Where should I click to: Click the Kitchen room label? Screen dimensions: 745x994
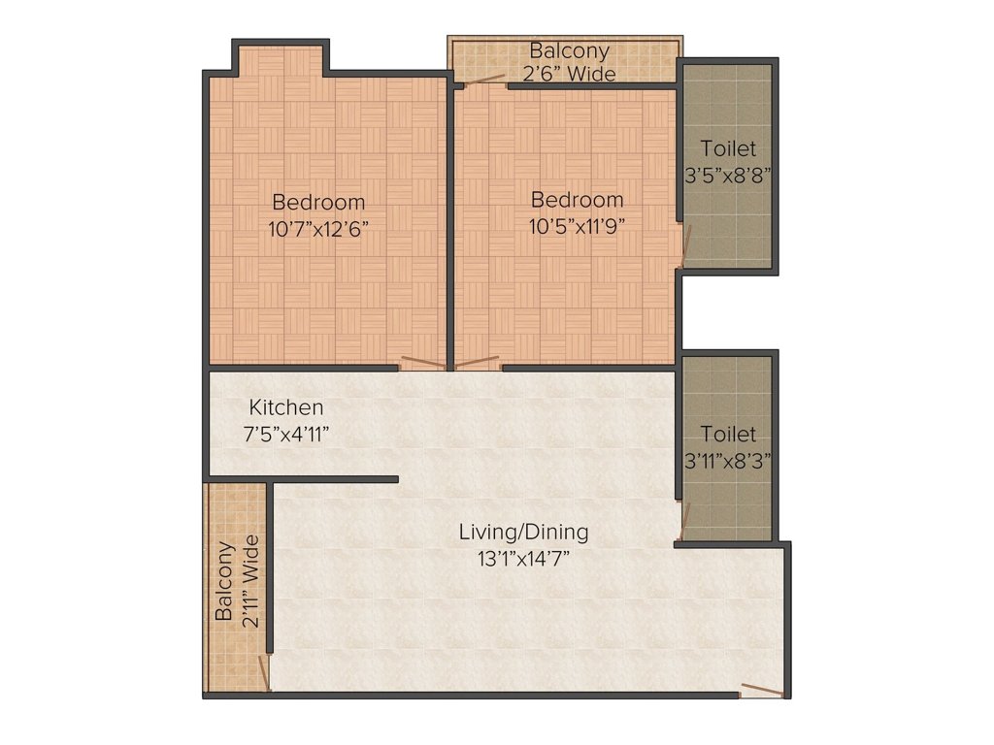tap(286, 407)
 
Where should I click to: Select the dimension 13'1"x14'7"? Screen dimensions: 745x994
tap(523, 558)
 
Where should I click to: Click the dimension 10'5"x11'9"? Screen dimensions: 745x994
tap(577, 226)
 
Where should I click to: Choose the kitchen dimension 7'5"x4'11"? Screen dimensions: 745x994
tap(286, 434)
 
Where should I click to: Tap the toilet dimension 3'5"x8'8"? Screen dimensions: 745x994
tap(727, 176)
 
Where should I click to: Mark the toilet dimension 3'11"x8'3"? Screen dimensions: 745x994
tap(727, 461)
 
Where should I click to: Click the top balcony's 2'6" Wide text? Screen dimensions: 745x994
tap(570, 74)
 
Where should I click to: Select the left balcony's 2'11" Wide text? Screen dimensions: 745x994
tap(250, 581)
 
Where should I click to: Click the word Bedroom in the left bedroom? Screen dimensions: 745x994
tap(318, 203)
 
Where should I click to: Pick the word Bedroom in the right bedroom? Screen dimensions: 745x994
tap(577, 200)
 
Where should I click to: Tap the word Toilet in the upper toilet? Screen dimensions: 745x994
tap(727, 149)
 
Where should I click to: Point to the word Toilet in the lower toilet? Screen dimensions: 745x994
tap(727, 435)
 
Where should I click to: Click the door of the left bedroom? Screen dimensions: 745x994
tap(423, 365)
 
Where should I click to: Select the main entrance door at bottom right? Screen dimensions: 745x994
tap(762, 691)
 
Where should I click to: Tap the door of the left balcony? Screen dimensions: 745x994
tap(263, 672)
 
